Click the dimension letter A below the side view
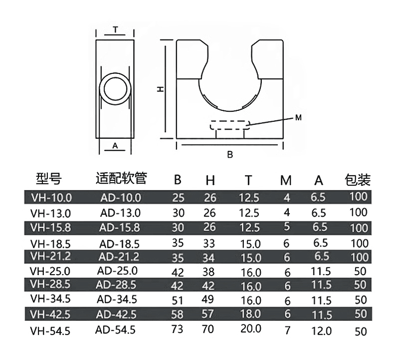coord(115,146)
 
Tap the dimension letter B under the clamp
coord(230,155)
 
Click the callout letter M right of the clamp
coord(298,117)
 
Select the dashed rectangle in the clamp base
coord(229,124)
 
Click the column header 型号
coord(49,179)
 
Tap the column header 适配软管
coord(121,178)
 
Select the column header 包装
coord(358,179)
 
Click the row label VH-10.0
coord(51,197)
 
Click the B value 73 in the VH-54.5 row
coord(178,330)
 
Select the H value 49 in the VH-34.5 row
coord(210,300)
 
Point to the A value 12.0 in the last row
coord(321,331)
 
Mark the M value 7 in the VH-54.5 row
coord(286,331)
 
